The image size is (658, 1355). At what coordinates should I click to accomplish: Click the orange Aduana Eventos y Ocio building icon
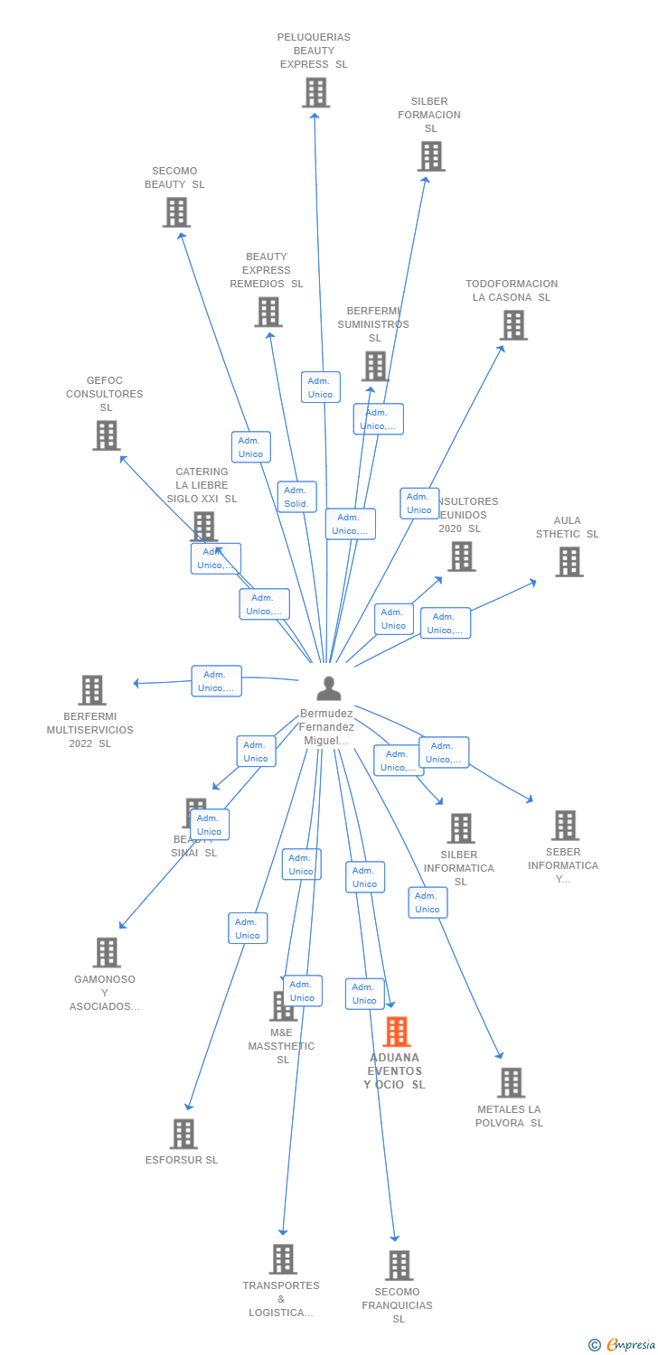pyautogui.click(x=397, y=1032)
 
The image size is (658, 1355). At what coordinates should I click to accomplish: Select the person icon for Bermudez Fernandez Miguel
pyautogui.click(x=329, y=688)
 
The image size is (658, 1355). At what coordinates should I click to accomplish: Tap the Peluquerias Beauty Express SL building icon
pyautogui.click(x=315, y=92)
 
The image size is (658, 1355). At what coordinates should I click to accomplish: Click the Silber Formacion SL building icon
pyautogui.click(x=431, y=156)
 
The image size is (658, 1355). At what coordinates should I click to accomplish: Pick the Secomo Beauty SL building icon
pyautogui.click(x=176, y=212)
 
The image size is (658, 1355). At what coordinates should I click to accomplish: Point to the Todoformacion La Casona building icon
pyautogui.click(x=513, y=325)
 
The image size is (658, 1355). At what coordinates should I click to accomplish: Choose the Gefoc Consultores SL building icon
pyautogui.click(x=107, y=435)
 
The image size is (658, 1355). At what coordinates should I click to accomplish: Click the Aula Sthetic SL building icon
pyautogui.click(x=569, y=562)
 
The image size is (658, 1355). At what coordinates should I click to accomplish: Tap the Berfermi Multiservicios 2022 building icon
pyautogui.click(x=92, y=690)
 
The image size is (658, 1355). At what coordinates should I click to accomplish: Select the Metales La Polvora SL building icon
pyautogui.click(x=512, y=1082)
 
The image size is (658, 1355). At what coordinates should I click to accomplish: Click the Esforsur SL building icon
pyautogui.click(x=183, y=1134)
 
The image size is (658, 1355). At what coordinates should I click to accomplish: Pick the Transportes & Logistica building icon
pyautogui.click(x=283, y=1258)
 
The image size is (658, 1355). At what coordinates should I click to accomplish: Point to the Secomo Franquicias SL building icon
pyautogui.click(x=399, y=1266)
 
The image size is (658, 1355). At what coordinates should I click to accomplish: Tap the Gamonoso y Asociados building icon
pyautogui.click(x=107, y=952)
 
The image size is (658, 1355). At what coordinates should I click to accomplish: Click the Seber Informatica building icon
pyautogui.click(x=565, y=825)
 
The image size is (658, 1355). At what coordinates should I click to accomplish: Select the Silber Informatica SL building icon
pyautogui.click(x=461, y=828)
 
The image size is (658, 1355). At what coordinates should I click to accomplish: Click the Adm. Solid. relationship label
pyautogui.click(x=296, y=497)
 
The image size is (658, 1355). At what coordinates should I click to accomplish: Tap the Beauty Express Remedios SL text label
pyautogui.click(x=267, y=270)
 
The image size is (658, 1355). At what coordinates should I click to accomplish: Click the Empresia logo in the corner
pyautogui.click(x=623, y=1345)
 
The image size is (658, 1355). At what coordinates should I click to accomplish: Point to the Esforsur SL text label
pyautogui.click(x=182, y=1160)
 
